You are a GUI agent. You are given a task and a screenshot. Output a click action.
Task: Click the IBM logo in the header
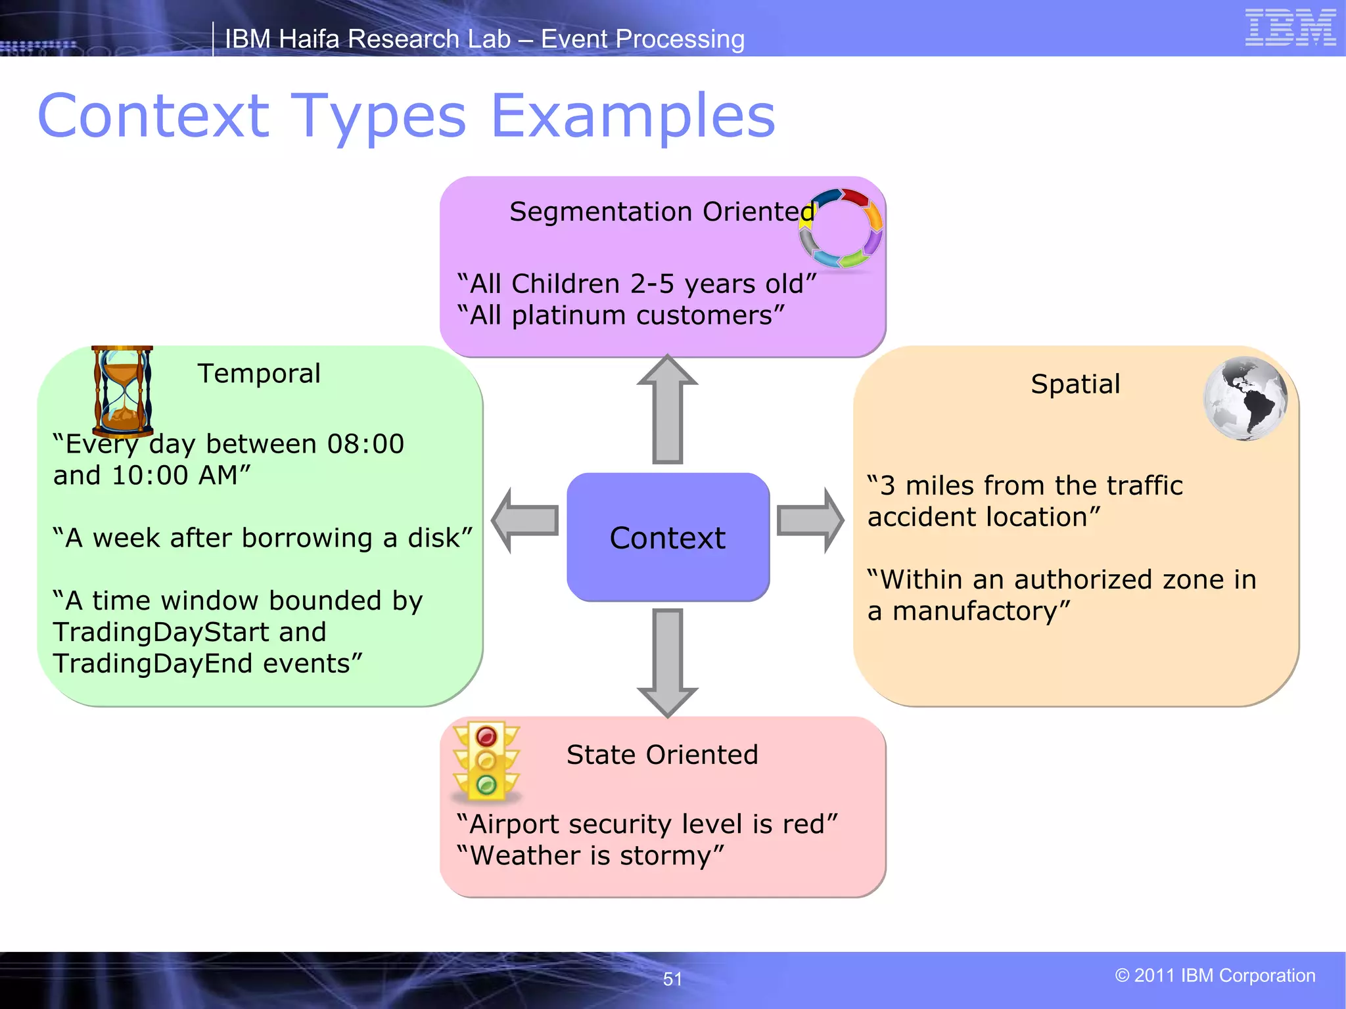(1290, 28)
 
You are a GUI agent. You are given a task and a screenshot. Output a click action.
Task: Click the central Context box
(668, 537)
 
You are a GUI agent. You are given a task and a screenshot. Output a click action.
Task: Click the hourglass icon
(122, 392)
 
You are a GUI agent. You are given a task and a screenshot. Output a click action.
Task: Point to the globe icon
(1245, 399)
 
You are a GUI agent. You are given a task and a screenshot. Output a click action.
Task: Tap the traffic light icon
(486, 762)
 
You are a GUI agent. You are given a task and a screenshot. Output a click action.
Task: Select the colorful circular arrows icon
(841, 228)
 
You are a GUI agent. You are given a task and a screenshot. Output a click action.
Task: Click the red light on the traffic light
(486, 736)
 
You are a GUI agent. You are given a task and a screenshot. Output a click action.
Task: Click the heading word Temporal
(259, 373)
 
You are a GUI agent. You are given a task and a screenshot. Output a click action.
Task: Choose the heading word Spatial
(1075, 384)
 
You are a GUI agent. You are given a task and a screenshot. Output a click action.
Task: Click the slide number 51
(672, 979)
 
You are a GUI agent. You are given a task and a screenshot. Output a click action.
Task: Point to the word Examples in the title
(632, 116)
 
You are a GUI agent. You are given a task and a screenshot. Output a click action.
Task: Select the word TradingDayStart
(162, 632)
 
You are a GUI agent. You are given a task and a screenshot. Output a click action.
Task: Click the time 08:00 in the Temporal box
(365, 444)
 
